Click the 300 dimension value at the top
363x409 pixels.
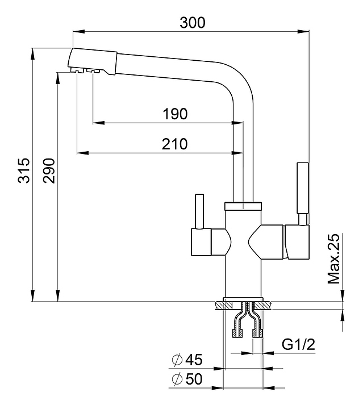tap(192, 23)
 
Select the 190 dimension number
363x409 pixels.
tap(175, 114)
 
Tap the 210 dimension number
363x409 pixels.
tap(175, 144)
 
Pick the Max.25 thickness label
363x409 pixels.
tap(333, 258)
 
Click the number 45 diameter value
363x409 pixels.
tap(194, 360)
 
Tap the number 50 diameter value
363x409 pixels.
tap(194, 379)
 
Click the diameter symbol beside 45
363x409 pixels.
tap(176, 360)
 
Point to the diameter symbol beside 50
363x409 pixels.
tap(176, 379)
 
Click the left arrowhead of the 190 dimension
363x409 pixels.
tap(95, 122)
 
